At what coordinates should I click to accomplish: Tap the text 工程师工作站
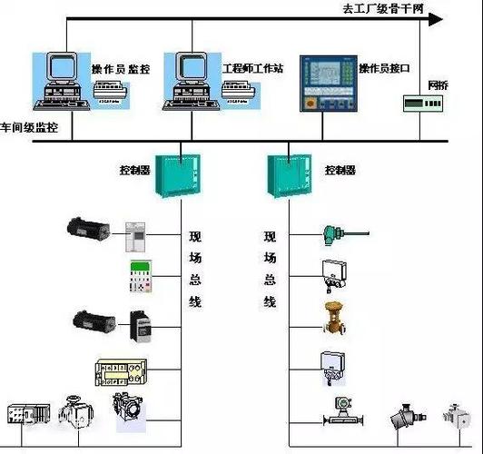click(x=252, y=68)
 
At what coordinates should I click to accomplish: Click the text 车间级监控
click(x=29, y=129)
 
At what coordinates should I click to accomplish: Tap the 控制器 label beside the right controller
click(x=341, y=169)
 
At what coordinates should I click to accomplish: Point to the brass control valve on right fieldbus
click(x=333, y=317)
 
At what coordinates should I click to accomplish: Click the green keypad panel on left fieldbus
click(x=141, y=276)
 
